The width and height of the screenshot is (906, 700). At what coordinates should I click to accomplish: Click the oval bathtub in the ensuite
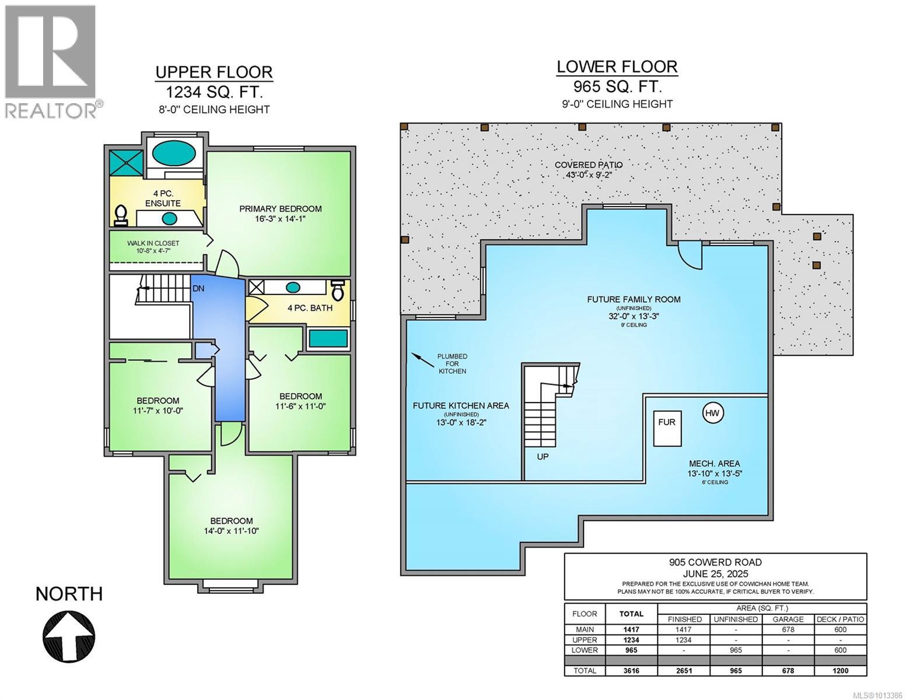(x=174, y=153)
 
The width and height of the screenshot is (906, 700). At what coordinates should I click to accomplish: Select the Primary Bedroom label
(x=280, y=209)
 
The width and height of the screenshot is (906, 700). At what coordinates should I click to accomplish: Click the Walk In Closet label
(x=153, y=243)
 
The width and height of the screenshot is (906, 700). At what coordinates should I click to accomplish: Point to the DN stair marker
(x=198, y=289)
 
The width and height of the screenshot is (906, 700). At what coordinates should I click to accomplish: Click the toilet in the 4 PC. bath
(x=338, y=290)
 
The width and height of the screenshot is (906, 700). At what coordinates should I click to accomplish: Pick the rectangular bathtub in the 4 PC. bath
(x=328, y=338)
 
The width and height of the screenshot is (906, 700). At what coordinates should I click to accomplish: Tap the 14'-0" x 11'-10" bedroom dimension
(x=232, y=531)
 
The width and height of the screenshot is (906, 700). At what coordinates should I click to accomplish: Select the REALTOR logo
(x=52, y=62)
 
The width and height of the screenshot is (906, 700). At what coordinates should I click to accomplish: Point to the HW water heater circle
(x=712, y=413)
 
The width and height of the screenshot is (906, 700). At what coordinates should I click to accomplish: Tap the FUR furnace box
(x=667, y=429)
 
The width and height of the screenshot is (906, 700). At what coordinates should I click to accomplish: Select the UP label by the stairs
(x=543, y=457)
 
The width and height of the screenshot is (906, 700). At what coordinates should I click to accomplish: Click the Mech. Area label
(x=714, y=464)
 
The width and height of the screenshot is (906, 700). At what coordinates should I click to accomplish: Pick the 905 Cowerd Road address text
(x=715, y=562)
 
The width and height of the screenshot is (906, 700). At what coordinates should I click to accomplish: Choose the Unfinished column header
(x=736, y=619)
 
